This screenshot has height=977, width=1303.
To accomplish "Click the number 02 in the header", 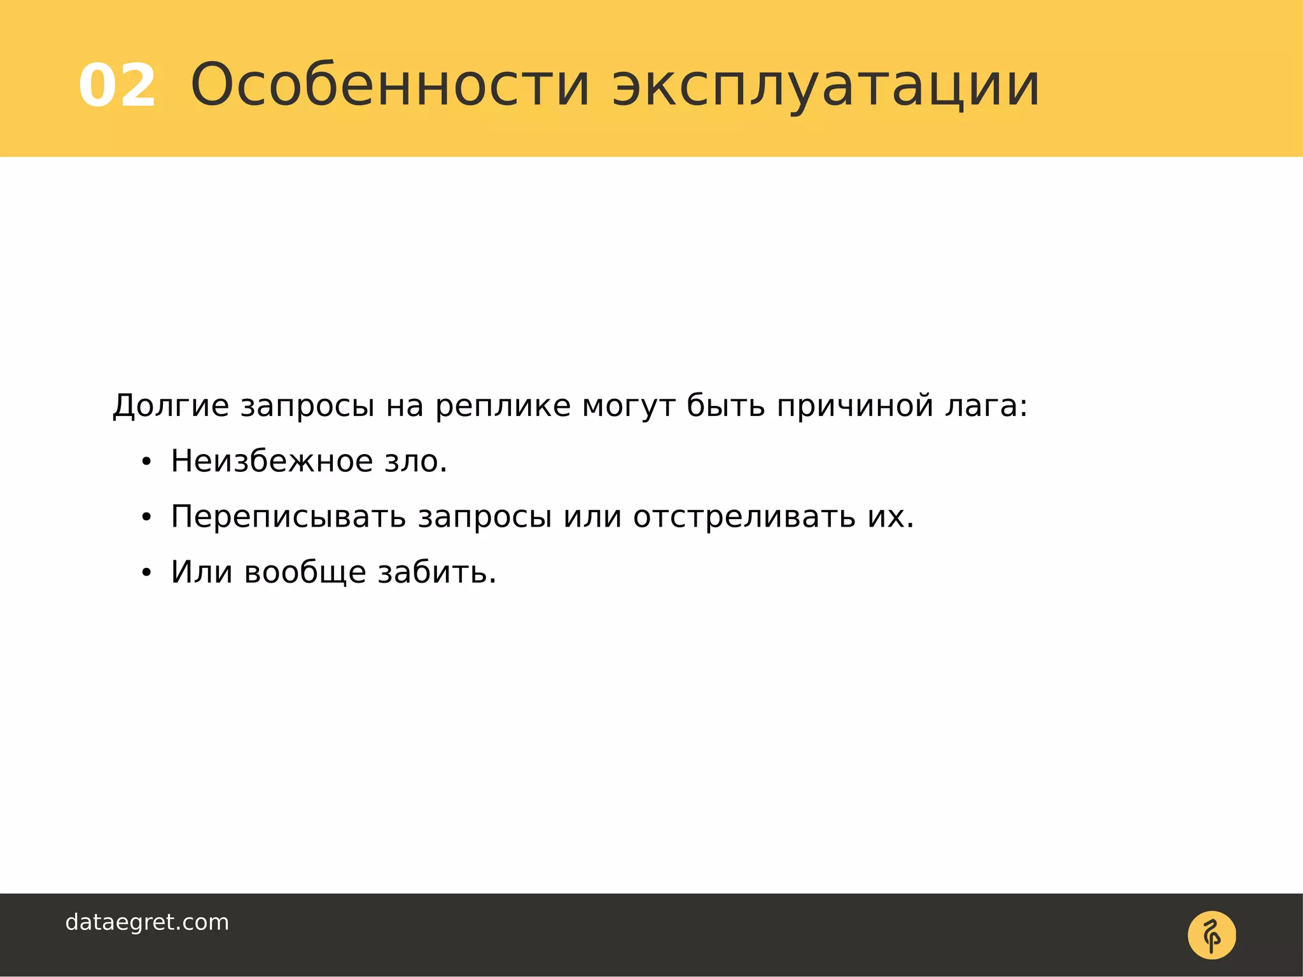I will pos(117,86).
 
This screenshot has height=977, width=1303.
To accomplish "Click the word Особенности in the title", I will pos(390,85).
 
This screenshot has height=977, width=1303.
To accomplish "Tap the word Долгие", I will pos(171,406).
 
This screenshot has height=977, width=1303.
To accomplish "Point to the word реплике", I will pos(503,406).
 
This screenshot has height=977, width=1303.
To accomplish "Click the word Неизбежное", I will pos(271,461).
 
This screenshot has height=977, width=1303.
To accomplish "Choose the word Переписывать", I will pos(288,517).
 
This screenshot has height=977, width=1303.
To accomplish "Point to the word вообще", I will pos(305,572).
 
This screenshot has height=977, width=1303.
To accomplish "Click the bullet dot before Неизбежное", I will pos(146,463).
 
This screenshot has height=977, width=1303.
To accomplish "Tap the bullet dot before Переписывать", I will pos(146,518).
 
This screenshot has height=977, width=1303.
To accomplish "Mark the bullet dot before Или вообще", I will pos(146,574).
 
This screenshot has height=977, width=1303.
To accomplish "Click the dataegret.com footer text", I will pos(147,922).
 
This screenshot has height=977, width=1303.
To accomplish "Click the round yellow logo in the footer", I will pos(1211,935).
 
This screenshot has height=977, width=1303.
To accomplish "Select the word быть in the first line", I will pos(725,406).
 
